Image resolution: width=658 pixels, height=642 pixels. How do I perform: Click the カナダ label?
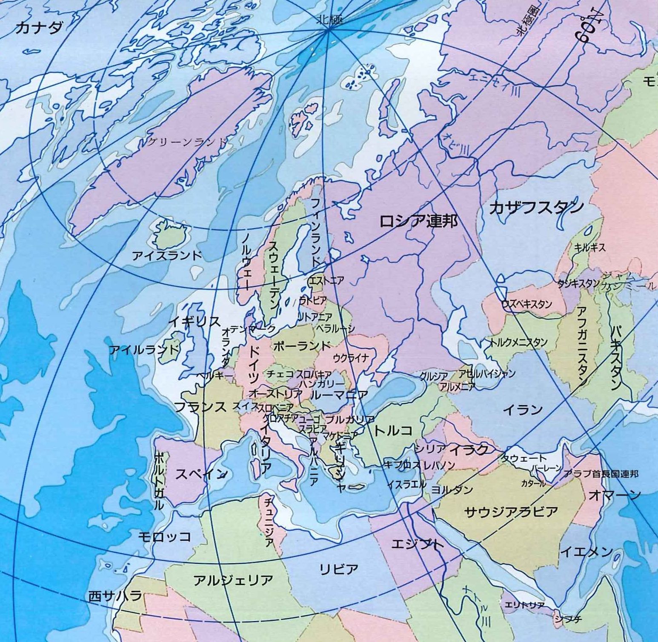click(39, 28)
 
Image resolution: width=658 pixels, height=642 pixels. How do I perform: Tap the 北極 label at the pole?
click(330, 20)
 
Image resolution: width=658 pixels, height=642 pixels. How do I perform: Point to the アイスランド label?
click(167, 255)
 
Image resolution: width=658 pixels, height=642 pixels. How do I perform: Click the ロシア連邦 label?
click(418, 221)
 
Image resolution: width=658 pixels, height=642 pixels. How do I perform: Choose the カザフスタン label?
click(536, 208)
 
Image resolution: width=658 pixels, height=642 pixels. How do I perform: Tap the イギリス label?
click(195, 322)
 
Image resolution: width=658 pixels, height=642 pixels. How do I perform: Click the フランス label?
click(201, 407)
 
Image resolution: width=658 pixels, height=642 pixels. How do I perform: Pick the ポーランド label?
click(302, 345)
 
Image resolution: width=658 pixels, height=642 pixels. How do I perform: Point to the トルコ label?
click(393, 431)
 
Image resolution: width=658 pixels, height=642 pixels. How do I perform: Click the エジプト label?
click(417, 544)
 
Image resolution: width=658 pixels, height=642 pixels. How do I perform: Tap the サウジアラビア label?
click(511, 511)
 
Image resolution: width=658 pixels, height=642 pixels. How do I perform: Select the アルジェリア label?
click(233, 580)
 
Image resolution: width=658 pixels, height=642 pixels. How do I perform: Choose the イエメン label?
click(586, 552)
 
